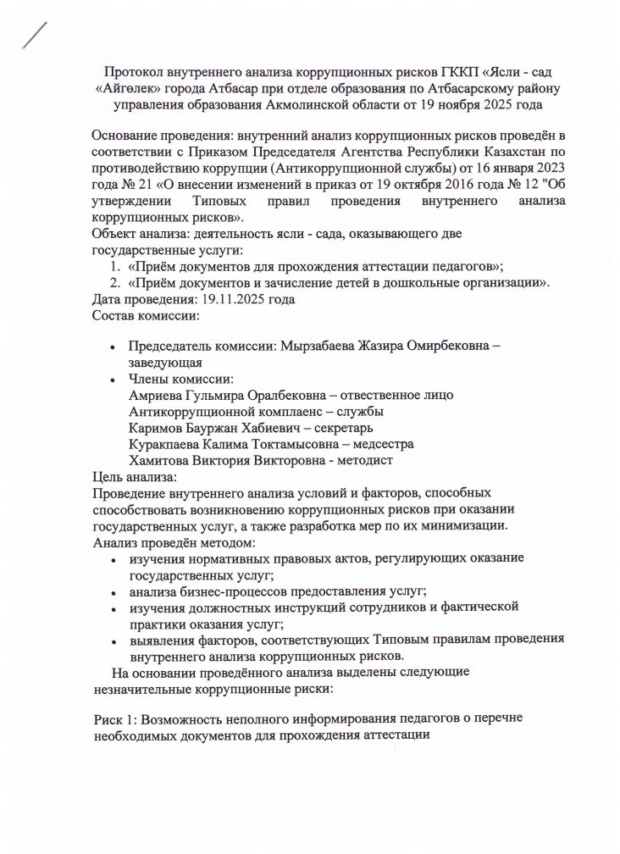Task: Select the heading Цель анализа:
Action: pyautogui.click(x=132, y=476)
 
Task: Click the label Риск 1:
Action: pyautogui.click(x=114, y=718)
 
